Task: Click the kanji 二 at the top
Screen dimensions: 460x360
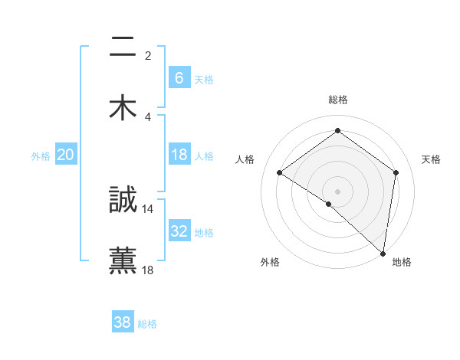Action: click(x=123, y=47)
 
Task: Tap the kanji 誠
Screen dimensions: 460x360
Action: click(x=123, y=201)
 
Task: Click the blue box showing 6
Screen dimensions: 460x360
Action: click(x=179, y=77)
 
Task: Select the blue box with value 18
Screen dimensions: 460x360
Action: click(x=179, y=155)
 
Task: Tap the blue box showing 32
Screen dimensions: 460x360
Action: click(x=179, y=231)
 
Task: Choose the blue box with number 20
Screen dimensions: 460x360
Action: click(x=65, y=155)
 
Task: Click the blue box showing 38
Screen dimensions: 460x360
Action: click(x=122, y=322)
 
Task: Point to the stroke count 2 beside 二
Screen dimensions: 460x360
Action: click(x=148, y=55)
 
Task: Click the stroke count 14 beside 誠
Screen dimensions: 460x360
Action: click(x=148, y=208)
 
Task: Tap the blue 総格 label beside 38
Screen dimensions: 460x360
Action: click(x=147, y=324)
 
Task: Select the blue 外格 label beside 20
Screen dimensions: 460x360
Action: click(x=41, y=156)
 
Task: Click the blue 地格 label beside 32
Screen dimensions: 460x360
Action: click(x=204, y=233)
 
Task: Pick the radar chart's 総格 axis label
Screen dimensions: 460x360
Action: click(x=338, y=100)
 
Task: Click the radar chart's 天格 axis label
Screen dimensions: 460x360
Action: click(x=432, y=159)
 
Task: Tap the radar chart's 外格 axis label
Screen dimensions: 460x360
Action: click(x=270, y=262)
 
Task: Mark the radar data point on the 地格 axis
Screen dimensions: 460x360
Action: click(x=383, y=253)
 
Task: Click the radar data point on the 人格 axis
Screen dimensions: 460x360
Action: click(x=280, y=172)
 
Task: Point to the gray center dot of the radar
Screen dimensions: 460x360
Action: click(x=338, y=191)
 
